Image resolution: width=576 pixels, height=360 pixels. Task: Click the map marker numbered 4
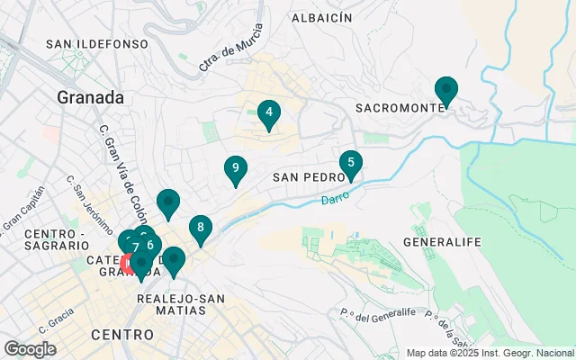[x=268, y=114]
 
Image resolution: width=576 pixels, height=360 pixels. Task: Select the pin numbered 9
[x=235, y=168]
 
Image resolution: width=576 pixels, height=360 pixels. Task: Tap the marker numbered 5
[x=350, y=164]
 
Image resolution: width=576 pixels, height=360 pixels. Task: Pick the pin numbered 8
[x=201, y=229]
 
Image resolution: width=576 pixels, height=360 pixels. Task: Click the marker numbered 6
[x=150, y=245]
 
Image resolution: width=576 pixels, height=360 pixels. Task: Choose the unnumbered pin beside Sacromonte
[x=445, y=91]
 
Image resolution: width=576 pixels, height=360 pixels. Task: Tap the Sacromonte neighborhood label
[x=400, y=107]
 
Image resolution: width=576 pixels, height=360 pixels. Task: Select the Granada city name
[x=90, y=96]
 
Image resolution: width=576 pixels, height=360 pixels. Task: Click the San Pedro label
[x=304, y=178]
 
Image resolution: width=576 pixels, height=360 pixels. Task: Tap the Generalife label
[x=443, y=242]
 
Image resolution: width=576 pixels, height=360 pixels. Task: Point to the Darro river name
[x=336, y=196]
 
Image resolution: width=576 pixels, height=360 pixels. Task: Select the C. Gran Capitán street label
[x=24, y=208]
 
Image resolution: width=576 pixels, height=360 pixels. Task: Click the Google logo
[x=31, y=348]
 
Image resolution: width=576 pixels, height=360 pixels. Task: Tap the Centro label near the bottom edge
[x=121, y=335]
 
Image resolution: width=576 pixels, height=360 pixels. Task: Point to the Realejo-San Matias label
[x=172, y=303]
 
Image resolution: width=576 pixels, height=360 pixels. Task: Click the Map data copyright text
[x=490, y=353]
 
